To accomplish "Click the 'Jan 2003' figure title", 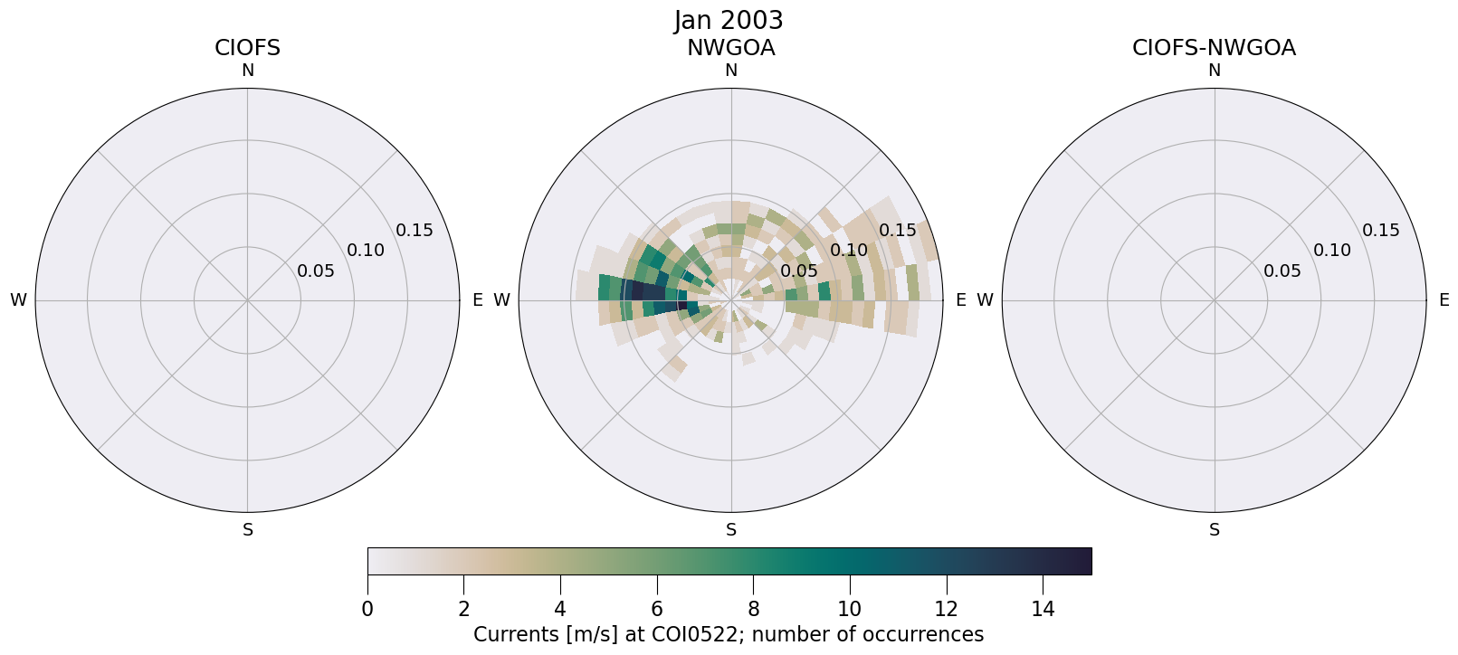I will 729,20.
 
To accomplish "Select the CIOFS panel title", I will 247,48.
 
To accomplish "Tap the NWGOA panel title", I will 730,48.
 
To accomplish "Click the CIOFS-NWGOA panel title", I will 1214,48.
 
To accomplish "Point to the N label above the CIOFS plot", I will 247,71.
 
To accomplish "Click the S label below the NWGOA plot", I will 730,530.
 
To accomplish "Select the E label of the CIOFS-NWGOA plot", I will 1444,300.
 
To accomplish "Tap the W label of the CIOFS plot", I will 18,300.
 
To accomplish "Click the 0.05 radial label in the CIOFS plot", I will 316,271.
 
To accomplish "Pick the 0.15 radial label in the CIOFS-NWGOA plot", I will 1381,231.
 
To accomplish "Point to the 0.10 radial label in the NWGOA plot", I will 849,251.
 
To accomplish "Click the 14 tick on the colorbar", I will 1043,609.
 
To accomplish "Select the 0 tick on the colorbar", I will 367,609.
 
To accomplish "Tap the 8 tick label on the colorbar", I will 753,609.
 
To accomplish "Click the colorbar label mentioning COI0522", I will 729,634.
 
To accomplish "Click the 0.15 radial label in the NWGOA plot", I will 898,231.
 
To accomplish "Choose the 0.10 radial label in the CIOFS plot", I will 366,251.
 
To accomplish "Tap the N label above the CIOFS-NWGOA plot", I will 1214,71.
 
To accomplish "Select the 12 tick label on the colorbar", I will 946,609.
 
